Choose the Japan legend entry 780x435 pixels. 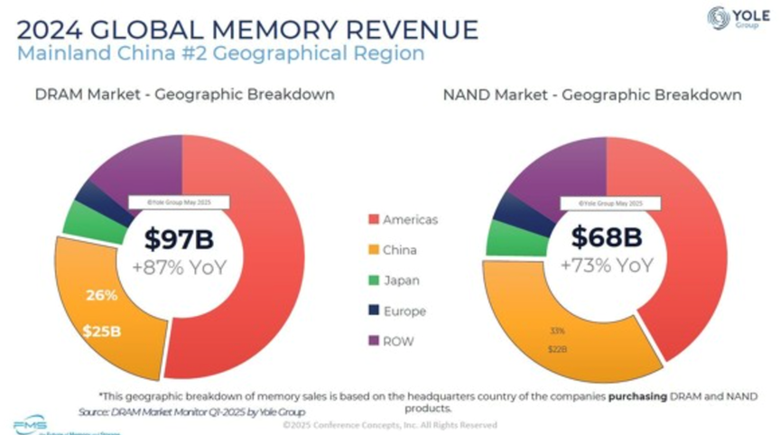click(x=401, y=280)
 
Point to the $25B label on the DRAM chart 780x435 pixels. click(x=102, y=331)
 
